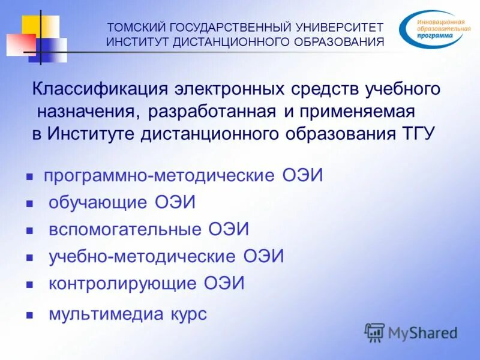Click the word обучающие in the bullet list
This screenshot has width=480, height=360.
point(98,202)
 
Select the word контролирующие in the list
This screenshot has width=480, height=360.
point(123,283)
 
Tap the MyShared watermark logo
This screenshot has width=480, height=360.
point(410,332)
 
